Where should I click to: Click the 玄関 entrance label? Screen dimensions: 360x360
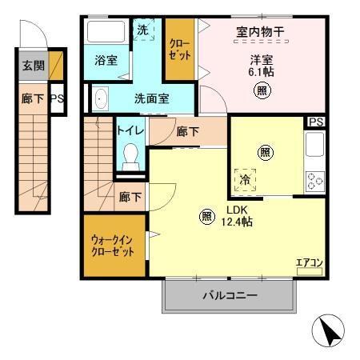tap(32, 66)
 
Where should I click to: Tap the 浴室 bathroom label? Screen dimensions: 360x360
tap(105, 59)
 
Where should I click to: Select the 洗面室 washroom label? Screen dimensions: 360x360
tap(150, 100)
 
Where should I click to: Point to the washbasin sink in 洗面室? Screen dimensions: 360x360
tap(100, 99)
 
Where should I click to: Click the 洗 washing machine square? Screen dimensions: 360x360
tap(142, 30)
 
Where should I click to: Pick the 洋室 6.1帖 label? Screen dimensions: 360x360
tap(262, 64)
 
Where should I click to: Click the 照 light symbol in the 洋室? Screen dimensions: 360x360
tap(262, 90)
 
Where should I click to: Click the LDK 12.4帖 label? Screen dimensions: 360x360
tap(238, 216)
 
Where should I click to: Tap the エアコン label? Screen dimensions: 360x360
tap(309, 262)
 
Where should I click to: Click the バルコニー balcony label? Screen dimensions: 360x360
tap(229, 295)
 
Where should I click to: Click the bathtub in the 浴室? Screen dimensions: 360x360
tap(103, 32)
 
